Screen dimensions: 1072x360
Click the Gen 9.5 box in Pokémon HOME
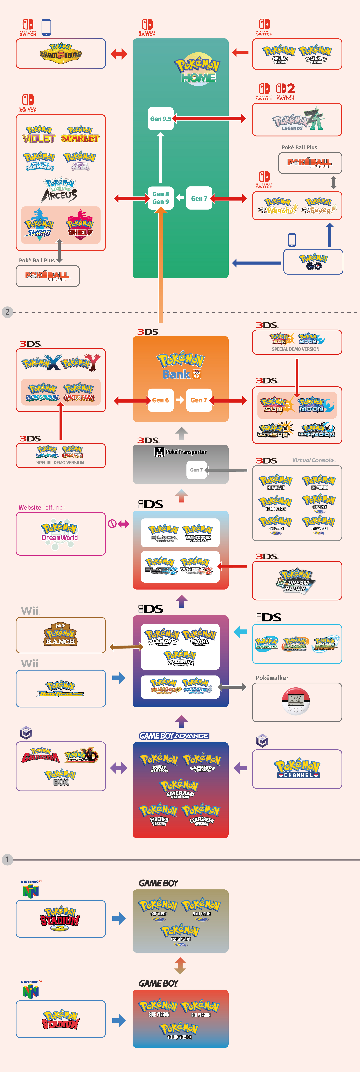point(161,119)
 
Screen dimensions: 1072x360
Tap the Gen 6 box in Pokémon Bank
point(160,400)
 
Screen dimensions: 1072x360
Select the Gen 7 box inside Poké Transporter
point(196,470)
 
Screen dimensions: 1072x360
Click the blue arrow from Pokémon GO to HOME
point(256,263)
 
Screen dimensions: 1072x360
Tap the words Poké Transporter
point(186,452)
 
